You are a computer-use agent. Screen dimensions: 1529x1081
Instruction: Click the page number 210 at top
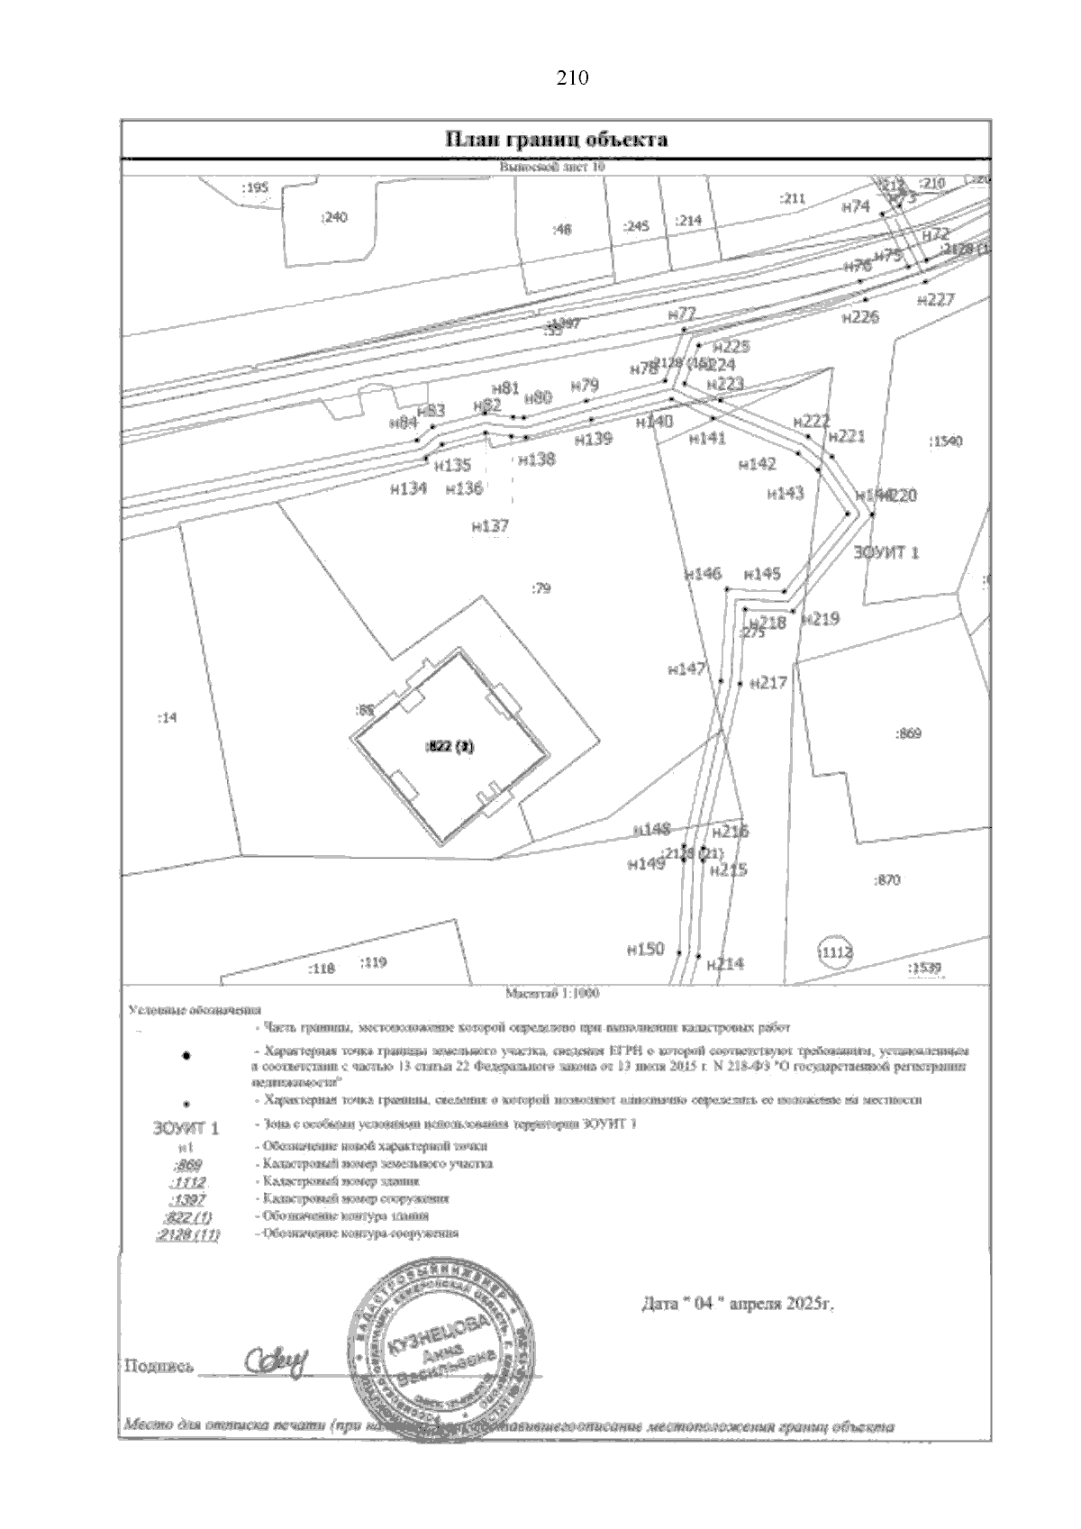[573, 78]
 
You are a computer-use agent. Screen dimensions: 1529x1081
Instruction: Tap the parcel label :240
[333, 216]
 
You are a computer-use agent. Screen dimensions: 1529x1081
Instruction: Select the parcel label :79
[540, 589]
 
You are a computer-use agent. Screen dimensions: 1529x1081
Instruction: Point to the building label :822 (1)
[449, 746]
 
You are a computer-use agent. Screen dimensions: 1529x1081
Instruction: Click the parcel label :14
[168, 718]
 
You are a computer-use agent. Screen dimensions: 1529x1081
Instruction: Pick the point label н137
[490, 526]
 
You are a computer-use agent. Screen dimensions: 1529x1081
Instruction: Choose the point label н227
[934, 301]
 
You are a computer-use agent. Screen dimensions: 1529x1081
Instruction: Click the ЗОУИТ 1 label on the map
[886, 552]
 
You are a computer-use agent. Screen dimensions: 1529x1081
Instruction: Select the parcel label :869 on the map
[907, 734]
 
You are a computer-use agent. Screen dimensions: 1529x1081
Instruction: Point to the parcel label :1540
[945, 441]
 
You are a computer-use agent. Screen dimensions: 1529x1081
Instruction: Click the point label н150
[645, 949]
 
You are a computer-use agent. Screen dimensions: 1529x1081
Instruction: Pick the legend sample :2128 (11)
[187, 1234]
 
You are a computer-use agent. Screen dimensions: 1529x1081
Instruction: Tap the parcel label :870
[887, 880]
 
